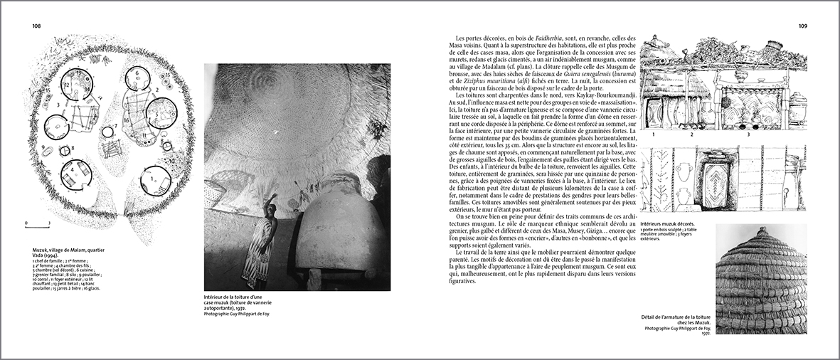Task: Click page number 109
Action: point(802,26)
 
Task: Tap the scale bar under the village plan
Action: point(38,225)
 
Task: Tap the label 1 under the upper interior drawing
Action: point(652,134)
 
